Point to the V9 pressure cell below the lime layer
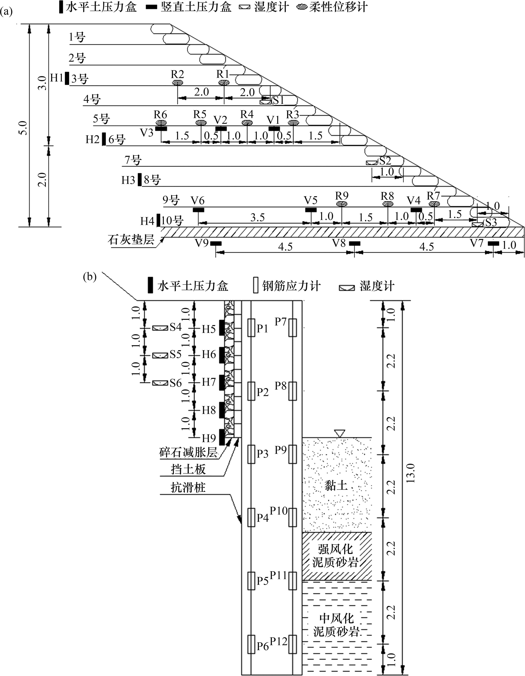click(x=216, y=243)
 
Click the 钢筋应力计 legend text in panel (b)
click(x=291, y=286)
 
